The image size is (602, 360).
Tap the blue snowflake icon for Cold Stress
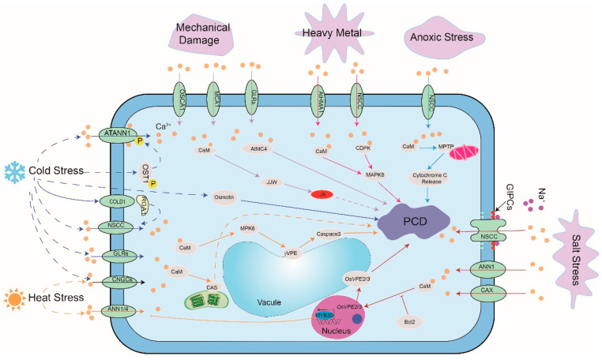(14, 172)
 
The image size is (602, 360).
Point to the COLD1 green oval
(119, 201)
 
